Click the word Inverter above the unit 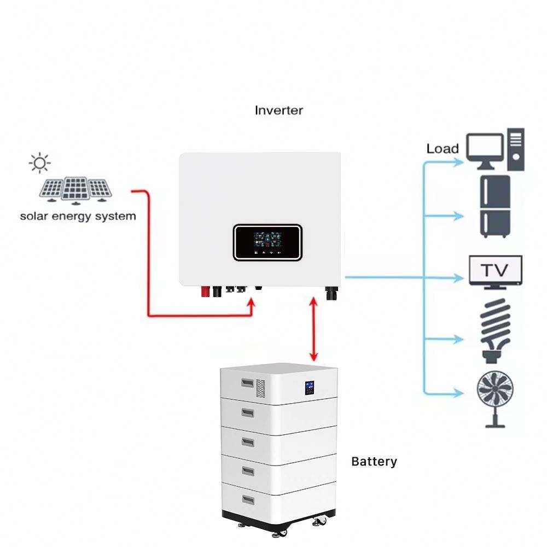coord(278,110)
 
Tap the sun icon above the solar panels coord(39,162)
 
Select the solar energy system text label coord(78,216)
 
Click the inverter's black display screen coord(267,242)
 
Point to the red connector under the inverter coord(205,291)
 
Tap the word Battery coord(374,462)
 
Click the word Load coord(443,148)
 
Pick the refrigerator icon coord(495,206)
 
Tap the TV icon coord(496,271)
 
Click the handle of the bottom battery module coord(248,500)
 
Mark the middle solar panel coord(75,188)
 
